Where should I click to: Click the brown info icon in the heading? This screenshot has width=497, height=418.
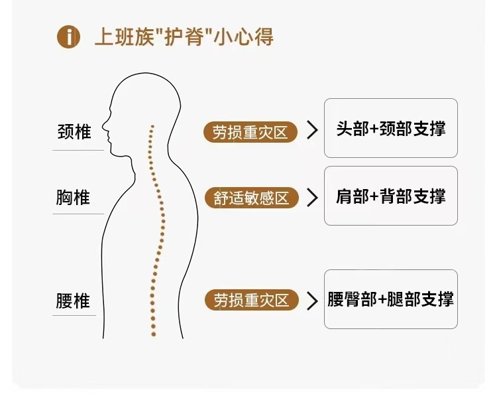click(x=68, y=36)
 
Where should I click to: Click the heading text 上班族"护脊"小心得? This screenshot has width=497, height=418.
click(x=184, y=36)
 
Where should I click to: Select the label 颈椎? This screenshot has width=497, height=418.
click(x=74, y=131)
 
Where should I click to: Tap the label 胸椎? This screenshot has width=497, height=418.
click(x=74, y=197)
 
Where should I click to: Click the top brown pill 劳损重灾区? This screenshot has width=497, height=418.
click(x=251, y=132)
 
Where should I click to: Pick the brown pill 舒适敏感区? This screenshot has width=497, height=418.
click(x=251, y=198)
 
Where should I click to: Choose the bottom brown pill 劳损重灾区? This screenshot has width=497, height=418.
click(x=251, y=301)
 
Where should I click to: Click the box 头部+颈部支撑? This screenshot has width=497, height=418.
click(x=390, y=128)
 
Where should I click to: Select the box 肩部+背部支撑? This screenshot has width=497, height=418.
click(x=390, y=196)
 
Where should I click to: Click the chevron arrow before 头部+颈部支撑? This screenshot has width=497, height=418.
click(x=312, y=131)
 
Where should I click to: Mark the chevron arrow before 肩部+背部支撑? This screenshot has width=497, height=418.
click(x=312, y=198)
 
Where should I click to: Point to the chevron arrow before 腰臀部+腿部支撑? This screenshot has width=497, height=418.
click(x=312, y=301)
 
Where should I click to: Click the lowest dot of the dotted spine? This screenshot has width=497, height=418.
click(x=153, y=334)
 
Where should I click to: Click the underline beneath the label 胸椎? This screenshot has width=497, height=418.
click(x=78, y=214)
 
